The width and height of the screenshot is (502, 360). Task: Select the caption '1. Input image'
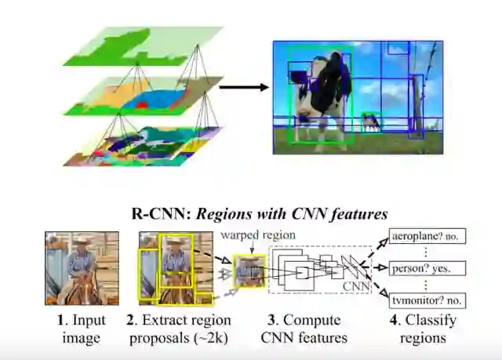pos(82,329)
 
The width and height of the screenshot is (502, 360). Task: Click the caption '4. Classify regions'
pos(421,329)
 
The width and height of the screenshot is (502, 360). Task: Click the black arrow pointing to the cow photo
pos(244,87)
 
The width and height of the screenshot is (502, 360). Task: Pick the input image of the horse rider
pos(82,268)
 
